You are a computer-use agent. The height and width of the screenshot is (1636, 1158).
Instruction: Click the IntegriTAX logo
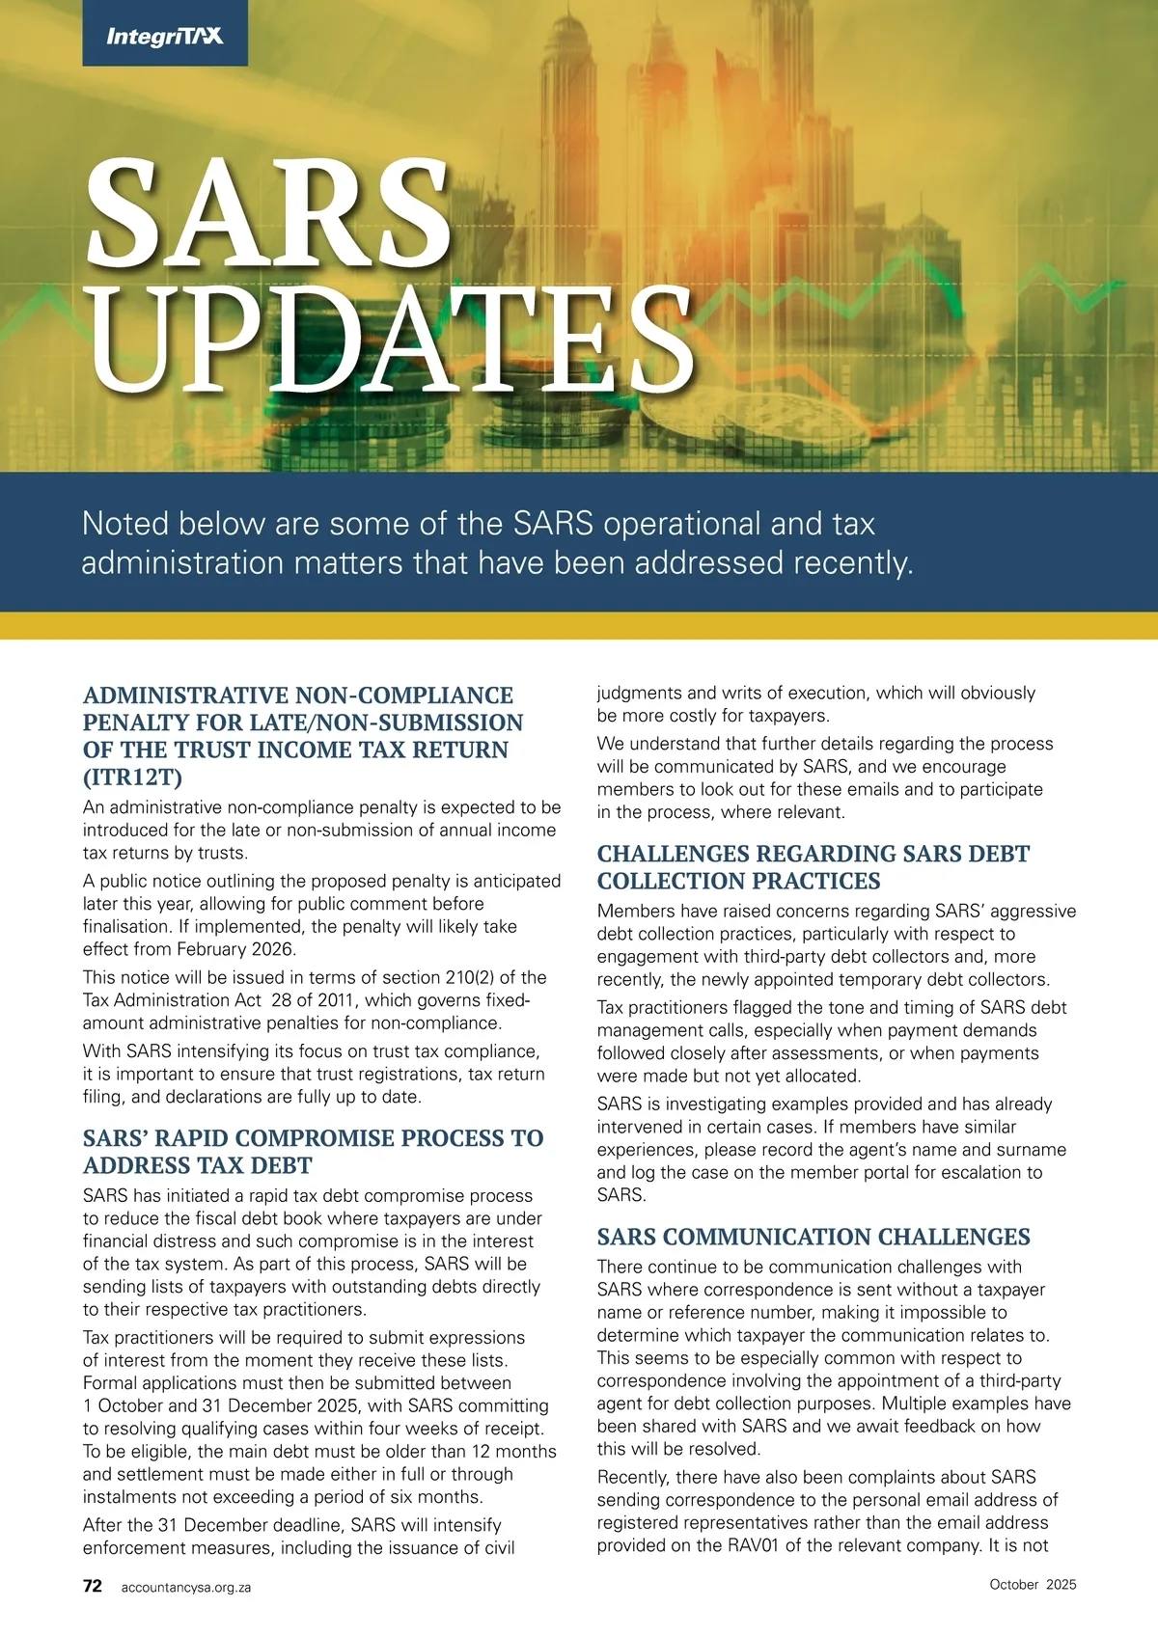click(165, 36)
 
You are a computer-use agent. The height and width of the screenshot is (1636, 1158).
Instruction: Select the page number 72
click(93, 1586)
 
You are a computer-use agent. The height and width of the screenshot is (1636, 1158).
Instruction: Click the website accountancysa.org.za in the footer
click(186, 1587)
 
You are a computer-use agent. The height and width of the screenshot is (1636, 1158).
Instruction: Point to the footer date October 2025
click(1033, 1584)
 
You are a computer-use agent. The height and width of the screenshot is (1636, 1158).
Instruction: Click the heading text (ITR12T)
click(132, 777)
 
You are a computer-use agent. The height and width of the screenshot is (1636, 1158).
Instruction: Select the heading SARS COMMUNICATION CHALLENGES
click(813, 1237)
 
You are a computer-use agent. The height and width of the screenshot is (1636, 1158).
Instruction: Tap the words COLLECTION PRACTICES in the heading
click(738, 881)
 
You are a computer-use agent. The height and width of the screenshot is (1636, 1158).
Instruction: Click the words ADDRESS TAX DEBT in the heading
click(197, 1165)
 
